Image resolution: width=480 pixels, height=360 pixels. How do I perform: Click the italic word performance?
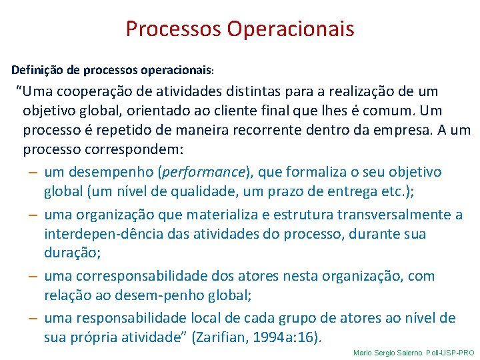[x=204, y=172]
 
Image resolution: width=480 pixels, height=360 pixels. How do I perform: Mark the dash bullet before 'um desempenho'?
[x=33, y=172]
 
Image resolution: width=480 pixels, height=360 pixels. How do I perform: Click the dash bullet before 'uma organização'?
[x=33, y=215]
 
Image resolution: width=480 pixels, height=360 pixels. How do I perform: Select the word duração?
[x=72, y=253]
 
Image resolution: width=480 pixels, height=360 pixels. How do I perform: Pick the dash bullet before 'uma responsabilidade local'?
[x=33, y=318]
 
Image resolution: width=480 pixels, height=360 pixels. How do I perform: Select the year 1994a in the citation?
[x=274, y=337]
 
